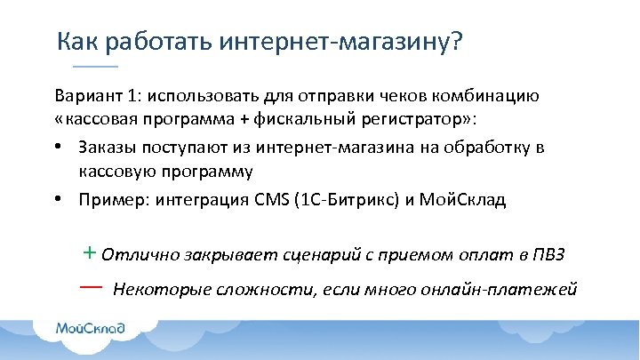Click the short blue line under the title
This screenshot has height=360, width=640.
tap(95, 68)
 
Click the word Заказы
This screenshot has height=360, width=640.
tap(105, 147)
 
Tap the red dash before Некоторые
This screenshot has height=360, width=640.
tap(92, 288)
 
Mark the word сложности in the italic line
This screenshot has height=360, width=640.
tap(239, 290)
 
